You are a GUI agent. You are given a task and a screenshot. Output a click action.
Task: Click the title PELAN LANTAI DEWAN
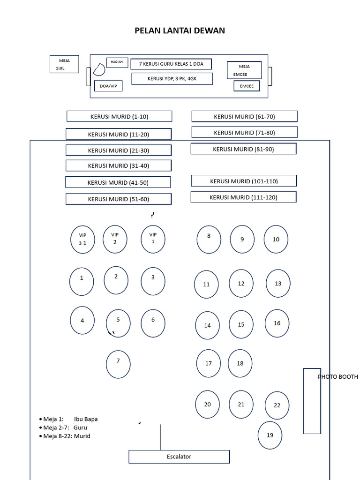180,31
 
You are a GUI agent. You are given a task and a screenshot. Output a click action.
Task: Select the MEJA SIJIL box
65,65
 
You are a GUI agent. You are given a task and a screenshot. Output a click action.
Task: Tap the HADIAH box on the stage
117,62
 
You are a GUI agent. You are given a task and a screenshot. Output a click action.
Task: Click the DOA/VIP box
108,86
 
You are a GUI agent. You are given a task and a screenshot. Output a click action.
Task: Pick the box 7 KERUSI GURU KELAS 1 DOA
171,64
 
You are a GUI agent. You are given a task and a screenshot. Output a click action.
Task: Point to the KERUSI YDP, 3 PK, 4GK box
172,79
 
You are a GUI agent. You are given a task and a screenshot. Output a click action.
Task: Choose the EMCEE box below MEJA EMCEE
247,86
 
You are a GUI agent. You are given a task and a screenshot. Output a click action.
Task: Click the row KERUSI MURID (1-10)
119,116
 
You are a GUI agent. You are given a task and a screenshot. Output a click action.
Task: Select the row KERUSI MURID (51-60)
118,199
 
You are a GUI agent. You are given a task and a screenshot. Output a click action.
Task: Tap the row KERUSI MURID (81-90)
243,149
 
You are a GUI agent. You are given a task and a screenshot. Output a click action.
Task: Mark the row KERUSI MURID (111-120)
243,197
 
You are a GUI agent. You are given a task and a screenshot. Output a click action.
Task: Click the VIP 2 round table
115,239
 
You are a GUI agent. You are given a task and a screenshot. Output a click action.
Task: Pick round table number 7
118,364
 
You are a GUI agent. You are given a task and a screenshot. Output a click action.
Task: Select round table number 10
276,239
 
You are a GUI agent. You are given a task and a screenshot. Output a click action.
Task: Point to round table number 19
270,435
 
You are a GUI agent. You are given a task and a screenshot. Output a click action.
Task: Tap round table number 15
241,324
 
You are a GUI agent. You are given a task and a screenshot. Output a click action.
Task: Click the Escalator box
179,457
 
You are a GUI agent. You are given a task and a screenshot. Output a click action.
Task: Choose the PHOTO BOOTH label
337,377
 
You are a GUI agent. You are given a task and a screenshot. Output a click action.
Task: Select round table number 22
277,405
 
